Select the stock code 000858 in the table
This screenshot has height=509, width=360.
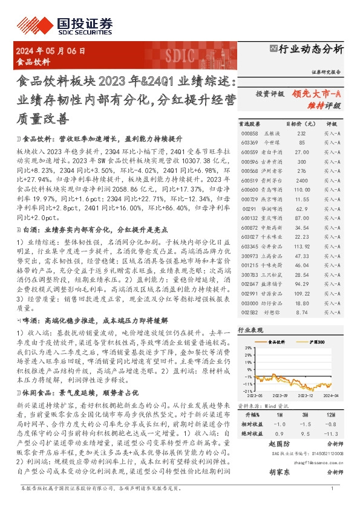(x=249, y=132)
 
